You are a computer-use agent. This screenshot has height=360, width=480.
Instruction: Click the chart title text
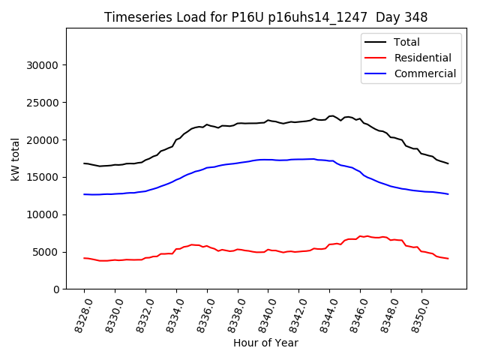(x=265, y=17)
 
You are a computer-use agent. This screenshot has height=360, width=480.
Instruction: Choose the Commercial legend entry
(x=424, y=73)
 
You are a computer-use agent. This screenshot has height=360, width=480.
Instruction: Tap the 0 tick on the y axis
(x=56, y=289)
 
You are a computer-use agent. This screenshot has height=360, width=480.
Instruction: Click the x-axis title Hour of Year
(x=265, y=343)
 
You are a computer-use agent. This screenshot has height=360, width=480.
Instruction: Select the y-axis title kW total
(x=15, y=159)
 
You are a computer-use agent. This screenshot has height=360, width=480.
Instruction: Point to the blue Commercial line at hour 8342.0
(x=298, y=159)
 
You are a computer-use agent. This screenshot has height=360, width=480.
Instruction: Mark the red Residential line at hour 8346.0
(x=360, y=236)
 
